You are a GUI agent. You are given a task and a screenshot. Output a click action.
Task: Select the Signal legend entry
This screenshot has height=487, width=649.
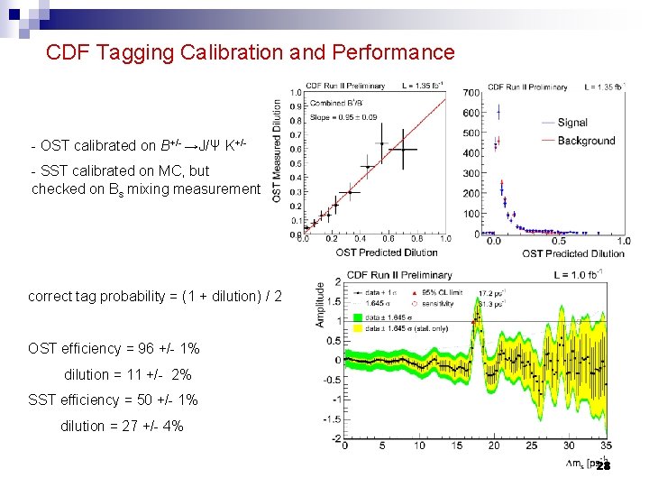tap(572, 123)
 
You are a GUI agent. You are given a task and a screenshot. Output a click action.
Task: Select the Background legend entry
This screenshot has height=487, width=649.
tap(586, 141)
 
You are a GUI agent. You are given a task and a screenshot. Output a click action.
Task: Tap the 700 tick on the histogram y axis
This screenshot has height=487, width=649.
tap(471, 93)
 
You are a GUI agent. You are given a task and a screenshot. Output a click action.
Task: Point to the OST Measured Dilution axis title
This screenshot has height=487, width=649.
tap(278, 150)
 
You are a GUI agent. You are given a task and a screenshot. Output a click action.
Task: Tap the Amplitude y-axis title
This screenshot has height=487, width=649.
tap(320, 304)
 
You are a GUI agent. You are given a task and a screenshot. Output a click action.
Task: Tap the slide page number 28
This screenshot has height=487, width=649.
tap(603, 465)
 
